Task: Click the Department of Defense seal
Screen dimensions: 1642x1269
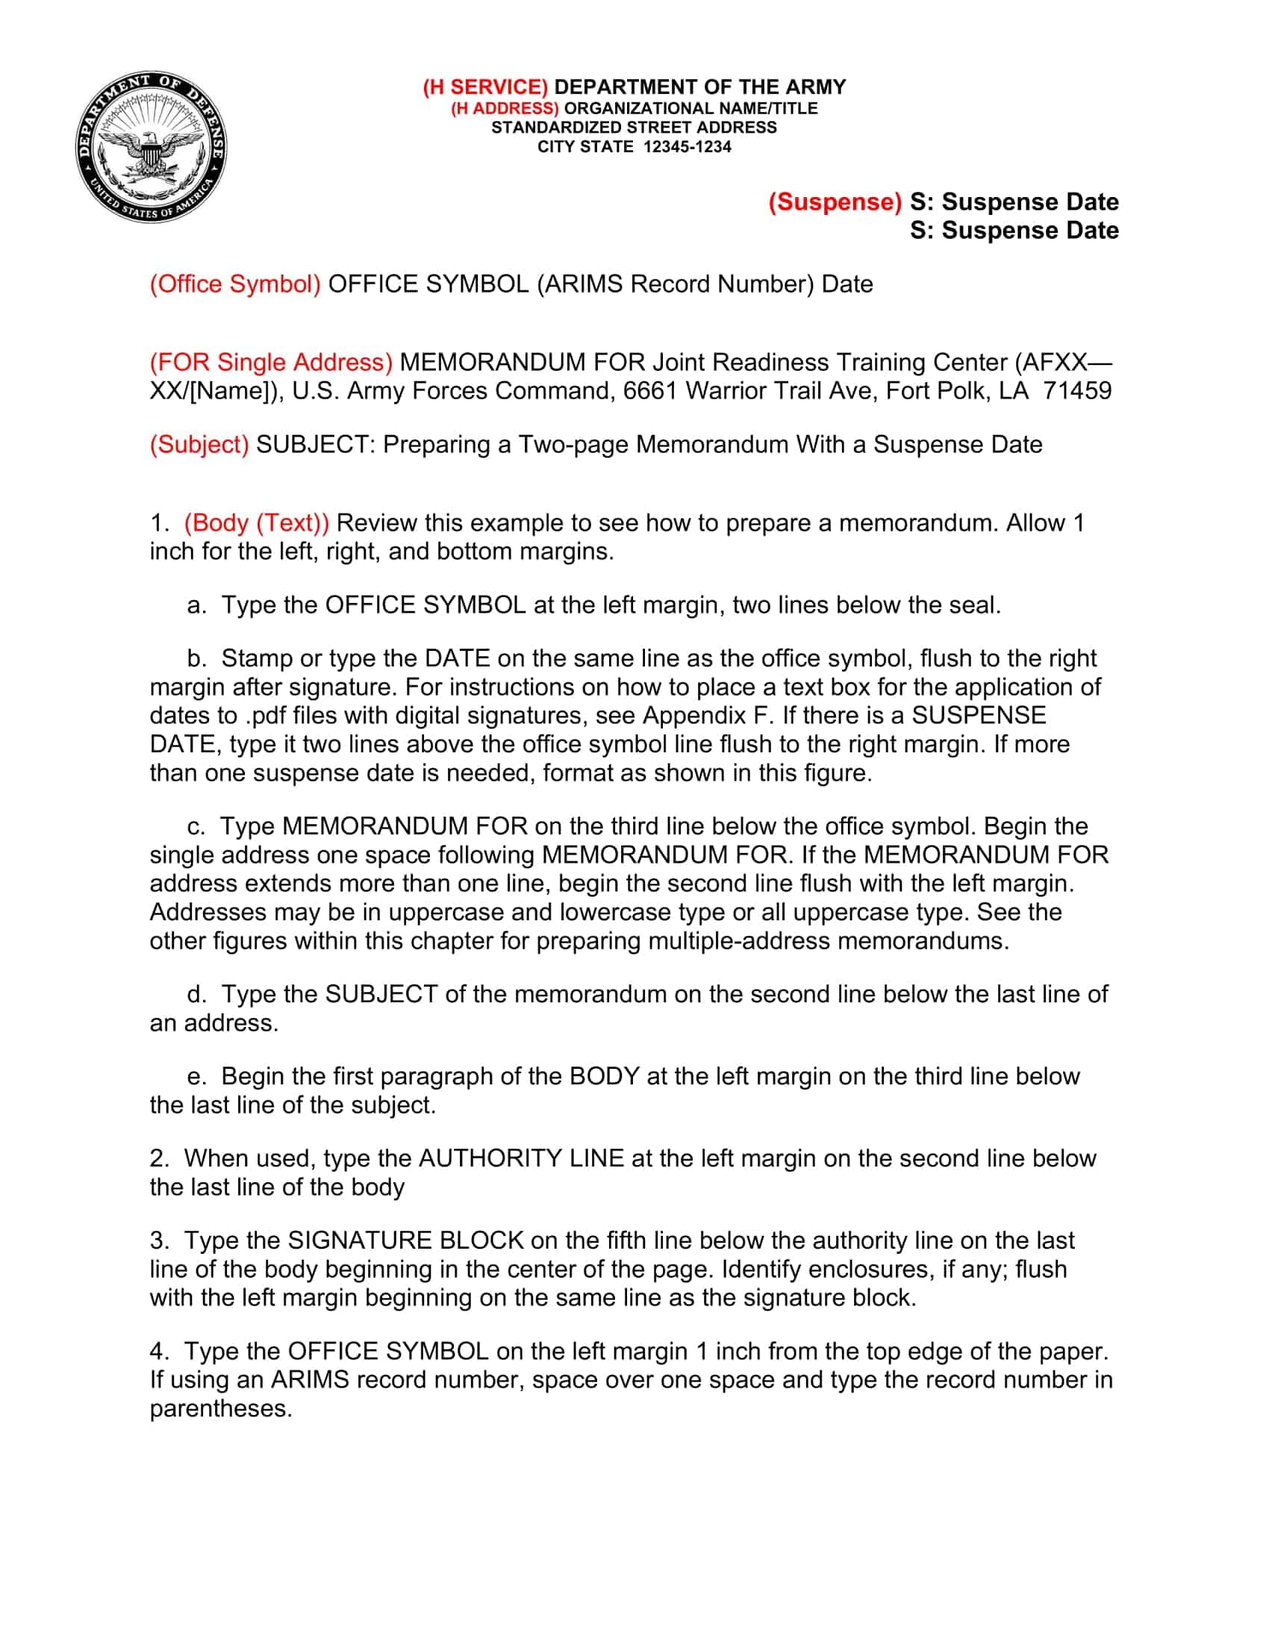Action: pos(152,147)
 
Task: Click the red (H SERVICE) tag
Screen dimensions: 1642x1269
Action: pos(485,87)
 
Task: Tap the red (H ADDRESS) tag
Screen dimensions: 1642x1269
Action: pos(505,108)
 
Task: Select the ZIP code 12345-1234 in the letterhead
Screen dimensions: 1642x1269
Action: pos(687,146)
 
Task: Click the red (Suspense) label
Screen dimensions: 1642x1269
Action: pos(835,202)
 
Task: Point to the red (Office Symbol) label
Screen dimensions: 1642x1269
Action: pos(235,284)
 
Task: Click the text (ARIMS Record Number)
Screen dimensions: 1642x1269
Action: pos(675,284)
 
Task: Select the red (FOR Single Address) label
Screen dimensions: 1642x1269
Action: pos(271,363)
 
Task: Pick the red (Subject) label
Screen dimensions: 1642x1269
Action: pos(199,444)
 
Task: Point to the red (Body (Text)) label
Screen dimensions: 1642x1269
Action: pos(256,522)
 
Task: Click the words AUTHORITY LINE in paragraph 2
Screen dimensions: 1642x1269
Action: pos(521,1158)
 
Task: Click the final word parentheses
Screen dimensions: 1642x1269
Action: pos(220,1408)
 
